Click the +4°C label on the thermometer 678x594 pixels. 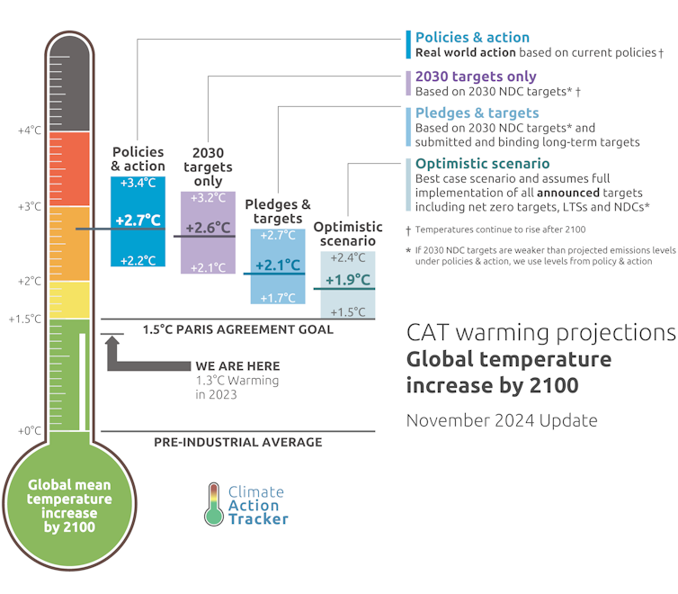30,130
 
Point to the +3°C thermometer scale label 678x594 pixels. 30,206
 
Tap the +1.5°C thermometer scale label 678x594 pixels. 25,319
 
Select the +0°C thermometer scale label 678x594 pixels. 30,430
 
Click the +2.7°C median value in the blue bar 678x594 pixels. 138,220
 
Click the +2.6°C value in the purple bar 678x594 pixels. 208,228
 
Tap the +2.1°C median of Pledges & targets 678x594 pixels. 277,265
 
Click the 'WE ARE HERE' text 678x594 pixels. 237,366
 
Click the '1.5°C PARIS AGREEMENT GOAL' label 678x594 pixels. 237,329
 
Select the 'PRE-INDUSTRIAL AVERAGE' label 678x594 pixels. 237,442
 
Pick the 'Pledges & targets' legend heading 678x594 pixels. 477,112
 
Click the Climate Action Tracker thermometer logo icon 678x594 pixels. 212,504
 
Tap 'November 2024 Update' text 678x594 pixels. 501,420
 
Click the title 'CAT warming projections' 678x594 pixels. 540,333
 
